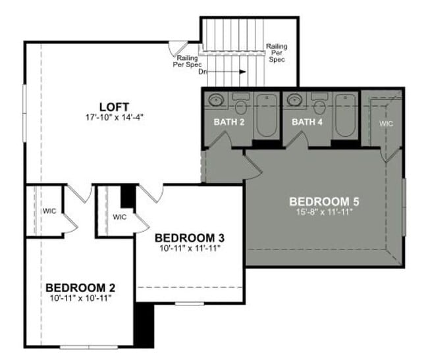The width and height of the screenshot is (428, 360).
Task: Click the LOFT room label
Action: (x=114, y=106)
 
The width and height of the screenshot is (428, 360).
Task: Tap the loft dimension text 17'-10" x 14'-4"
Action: (x=114, y=117)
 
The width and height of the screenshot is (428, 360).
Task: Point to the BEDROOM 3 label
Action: (x=185, y=238)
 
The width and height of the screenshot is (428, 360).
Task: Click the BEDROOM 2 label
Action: (x=80, y=288)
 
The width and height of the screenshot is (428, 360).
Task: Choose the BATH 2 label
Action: (x=228, y=122)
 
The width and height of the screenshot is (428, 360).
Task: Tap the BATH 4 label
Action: (x=308, y=122)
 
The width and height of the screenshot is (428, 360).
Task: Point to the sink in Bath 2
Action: (x=216, y=100)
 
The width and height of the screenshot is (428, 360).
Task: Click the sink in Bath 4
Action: (x=295, y=100)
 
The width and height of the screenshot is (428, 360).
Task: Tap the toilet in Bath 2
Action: (x=240, y=105)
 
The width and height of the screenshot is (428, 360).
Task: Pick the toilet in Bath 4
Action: (x=319, y=105)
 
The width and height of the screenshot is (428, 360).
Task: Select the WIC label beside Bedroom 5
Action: (x=386, y=123)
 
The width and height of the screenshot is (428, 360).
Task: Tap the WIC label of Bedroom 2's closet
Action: (x=50, y=212)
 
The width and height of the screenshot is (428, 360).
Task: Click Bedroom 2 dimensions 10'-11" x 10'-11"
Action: (x=80, y=299)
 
